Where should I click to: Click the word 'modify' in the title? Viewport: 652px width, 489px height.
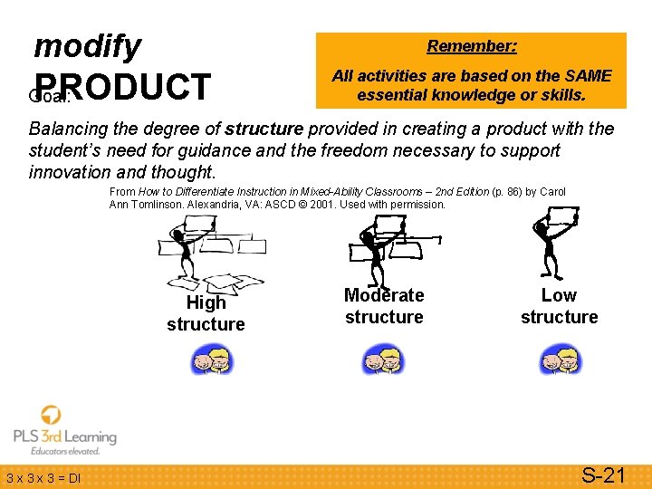coord(87,45)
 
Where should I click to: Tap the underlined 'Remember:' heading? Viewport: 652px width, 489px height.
coord(472,46)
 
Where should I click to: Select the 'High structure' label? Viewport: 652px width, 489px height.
coord(206,313)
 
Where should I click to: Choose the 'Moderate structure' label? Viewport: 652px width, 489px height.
coord(384,306)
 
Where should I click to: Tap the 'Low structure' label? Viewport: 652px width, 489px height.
coord(559,306)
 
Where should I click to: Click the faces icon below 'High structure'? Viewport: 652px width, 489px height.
coord(211,360)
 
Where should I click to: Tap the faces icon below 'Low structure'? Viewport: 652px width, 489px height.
coord(560,360)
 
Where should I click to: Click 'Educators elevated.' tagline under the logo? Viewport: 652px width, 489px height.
coord(65,451)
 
